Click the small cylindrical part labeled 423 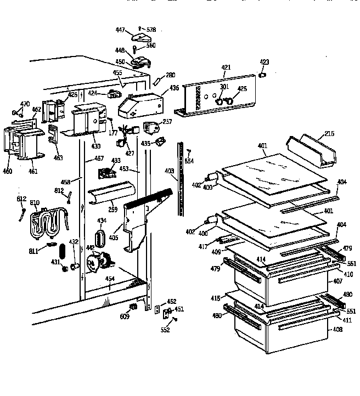(263, 75)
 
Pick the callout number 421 (226, 67)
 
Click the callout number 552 (166, 330)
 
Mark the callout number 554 (189, 161)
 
